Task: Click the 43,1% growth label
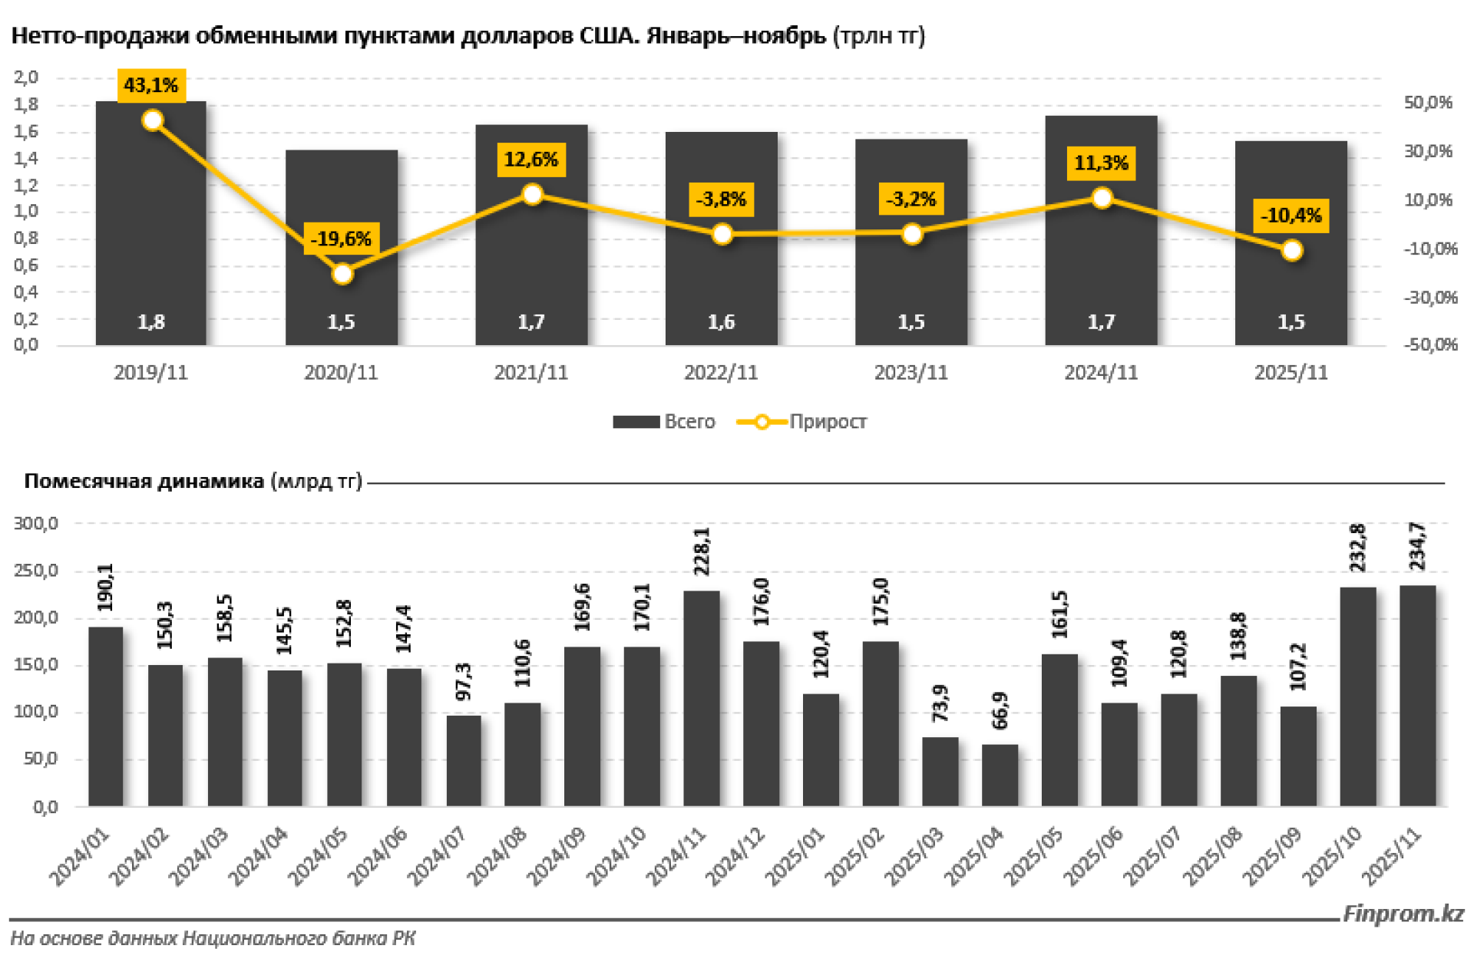point(151,85)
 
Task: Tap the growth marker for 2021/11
point(532,194)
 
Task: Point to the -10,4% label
point(1291,216)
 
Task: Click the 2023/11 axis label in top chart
point(911,373)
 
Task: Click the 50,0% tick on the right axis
point(1428,103)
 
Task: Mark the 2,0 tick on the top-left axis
point(26,77)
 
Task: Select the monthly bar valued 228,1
point(702,698)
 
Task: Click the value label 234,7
point(1417,546)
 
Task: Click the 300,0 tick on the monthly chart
point(35,524)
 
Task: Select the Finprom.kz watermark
point(1403,914)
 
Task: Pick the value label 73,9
point(940,703)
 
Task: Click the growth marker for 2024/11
point(1102,199)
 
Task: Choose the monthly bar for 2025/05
point(1059,730)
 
